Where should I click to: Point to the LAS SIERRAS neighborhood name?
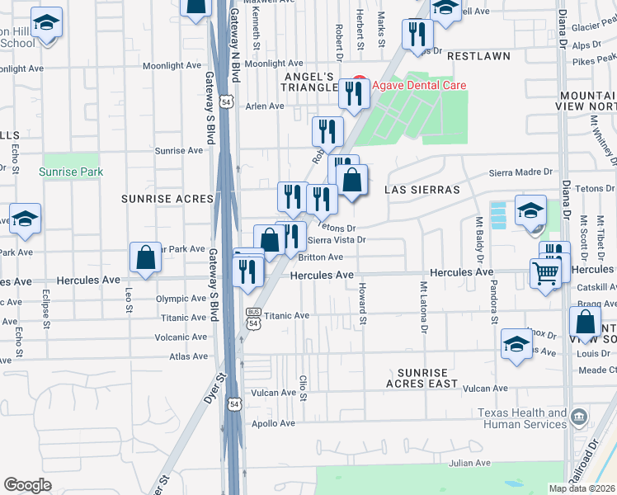pyautogui.click(x=422, y=190)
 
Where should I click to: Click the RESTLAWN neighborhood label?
pyautogui.click(x=478, y=57)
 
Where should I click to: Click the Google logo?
pyautogui.click(x=27, y=485)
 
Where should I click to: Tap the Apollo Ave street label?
pyautogui.click(x=275, y=423)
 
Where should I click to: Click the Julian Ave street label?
pyautogui.click(x=470, y=463)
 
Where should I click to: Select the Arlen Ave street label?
pyautogui.click(x=264, y=106)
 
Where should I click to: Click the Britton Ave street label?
pyautogui.click(x=325, y=257)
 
